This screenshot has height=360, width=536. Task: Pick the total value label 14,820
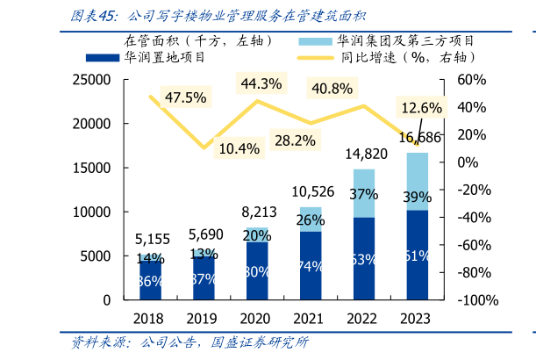click(x=365, y=155)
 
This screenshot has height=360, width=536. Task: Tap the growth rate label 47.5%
click(x=185, y=97)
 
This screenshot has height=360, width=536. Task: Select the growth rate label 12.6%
click(x=421, y=108)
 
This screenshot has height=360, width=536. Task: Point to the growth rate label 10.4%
click(x=239, y=148)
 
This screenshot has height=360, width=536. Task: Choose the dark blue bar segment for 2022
click(x=364, y=259)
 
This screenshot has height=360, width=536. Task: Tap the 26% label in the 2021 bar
click(x=311, y=220)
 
